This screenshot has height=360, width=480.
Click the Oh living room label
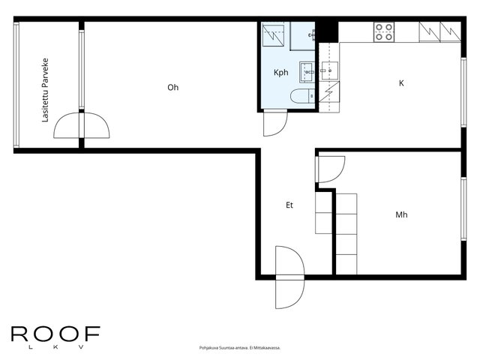pyautogui.click(x=173, y=88)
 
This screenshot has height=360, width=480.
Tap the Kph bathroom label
pyautogui.click(x=281, y=73)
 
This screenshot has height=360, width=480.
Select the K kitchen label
pyautogui.click(x=401, y=83)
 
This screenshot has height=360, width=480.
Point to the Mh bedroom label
pyautogui.click(x=401, y=214)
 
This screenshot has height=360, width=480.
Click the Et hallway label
pyautogui.click(x=289, y=205)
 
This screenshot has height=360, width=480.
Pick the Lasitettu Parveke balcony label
pyautogui.click(x=45, y=90)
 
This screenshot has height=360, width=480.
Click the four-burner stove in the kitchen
pyautogui.click(x=384, y=31)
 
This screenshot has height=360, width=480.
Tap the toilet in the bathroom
pyautogui.click(x=302, y=96)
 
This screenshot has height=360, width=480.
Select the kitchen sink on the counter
pyautogui.click(x=330, y=70)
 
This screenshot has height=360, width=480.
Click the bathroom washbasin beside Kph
pyautogui.click(x=307, y=72)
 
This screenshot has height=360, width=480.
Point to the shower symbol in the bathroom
pyautogui.click(x=273, y=35)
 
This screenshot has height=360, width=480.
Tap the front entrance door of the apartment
pyautogui.click(x=290, y=277)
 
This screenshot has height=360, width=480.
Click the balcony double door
pyautogui.click(x=82, y=125)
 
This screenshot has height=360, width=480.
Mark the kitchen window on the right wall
pyautogui.click(x=463, y=92)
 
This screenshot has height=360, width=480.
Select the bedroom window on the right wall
pyautogui.click(x=463, y=208)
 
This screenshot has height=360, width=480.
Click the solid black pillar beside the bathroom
pyautogui.click(x=327, y=31)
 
